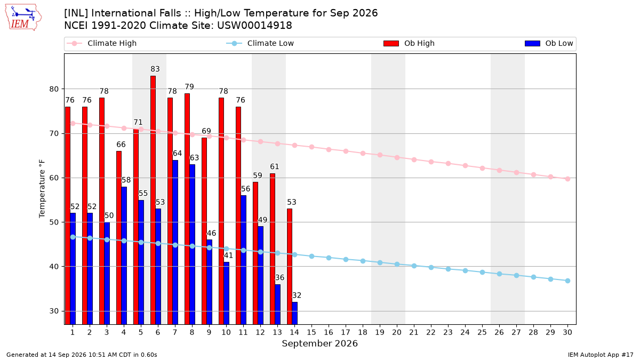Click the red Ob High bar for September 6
(153, 200)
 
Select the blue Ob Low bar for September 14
(294, 313)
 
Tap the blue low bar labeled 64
(175, 242)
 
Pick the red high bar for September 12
(255, 253)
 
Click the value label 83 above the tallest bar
(155, 69)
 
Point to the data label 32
(297, 295)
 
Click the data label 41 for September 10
(228, 255)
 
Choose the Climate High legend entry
(102, 43)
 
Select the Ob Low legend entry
(549, 43)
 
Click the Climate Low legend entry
(260, 43)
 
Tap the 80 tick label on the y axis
(54, 89)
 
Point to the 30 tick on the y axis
(54, 311)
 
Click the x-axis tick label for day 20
(397, 332)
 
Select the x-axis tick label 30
(567, 332)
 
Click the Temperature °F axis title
(42, 189)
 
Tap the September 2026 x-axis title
(319, 343)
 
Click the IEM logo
(23, 18)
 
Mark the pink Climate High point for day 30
(567, 179)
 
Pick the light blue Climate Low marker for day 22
(431, 267)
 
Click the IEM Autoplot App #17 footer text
(601, 355)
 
